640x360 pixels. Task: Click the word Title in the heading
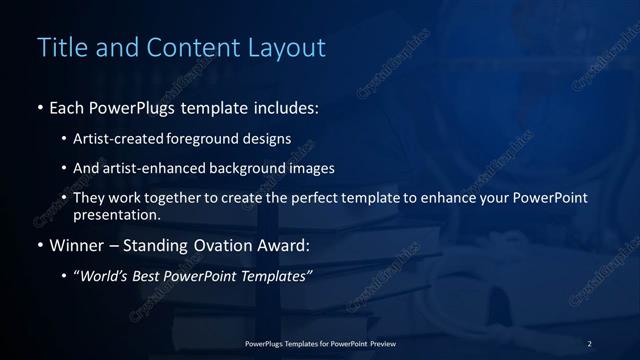coord(59,47)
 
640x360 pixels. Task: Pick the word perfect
coord(312,198)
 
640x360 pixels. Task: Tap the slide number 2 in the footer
coord(589,344)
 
